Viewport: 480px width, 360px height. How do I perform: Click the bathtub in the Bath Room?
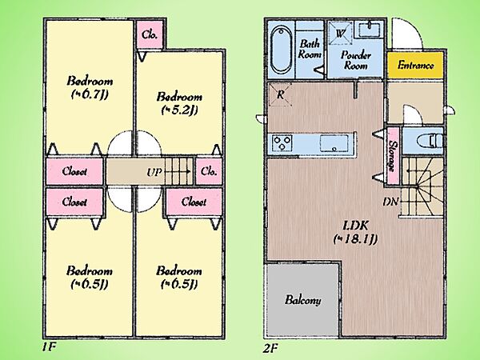(x=281, y=50)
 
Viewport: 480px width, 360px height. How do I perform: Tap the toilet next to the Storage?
(x=430, y=141)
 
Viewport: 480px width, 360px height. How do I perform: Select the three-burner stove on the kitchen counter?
(x=282, y=143)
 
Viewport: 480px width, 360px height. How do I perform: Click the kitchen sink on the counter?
(x=334, y=143)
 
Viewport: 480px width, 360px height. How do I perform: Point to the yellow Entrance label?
(x=415, y=66)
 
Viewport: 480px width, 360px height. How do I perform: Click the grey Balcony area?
(x=302, y=300)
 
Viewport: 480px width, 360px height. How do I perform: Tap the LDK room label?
(x=355, y=226)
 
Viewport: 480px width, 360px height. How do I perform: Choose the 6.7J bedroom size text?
(x=90, y=94)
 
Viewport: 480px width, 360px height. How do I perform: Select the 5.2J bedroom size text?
(x=179, y=110)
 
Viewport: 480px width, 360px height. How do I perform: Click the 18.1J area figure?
(x=355, y=238)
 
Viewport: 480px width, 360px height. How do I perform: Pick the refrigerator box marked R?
(x=280, y=95)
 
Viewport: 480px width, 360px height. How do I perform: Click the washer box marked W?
(x=340, y=33)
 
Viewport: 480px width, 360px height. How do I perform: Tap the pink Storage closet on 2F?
(x=393, y=156)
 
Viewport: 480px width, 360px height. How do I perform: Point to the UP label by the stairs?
(x=154, y=172)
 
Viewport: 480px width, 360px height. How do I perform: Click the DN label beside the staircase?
(x=390, y=202)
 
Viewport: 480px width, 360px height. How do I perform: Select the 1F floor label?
(x=48, y=347)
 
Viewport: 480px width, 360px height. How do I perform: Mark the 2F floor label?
(x=270, y=348)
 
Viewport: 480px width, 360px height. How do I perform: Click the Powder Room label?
(x=356, y=60)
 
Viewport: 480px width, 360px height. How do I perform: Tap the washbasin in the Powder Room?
(x=369, y=30)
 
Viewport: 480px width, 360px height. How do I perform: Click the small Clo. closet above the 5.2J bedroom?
(x=150, y=34)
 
